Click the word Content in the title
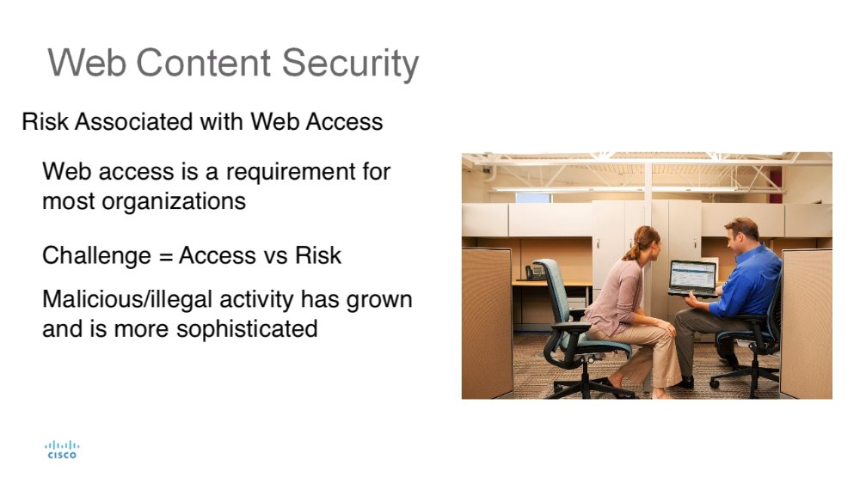coord(203,62)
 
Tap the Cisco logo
coord(62,450)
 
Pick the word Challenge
coord(96,256)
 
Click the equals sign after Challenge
coord(165,256)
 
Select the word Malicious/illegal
coord(126,300)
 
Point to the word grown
coord(379,301)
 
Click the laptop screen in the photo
coord(692,276)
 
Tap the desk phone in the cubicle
coord(535,272)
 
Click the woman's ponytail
coord(631,250)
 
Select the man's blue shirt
coord(749,282)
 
